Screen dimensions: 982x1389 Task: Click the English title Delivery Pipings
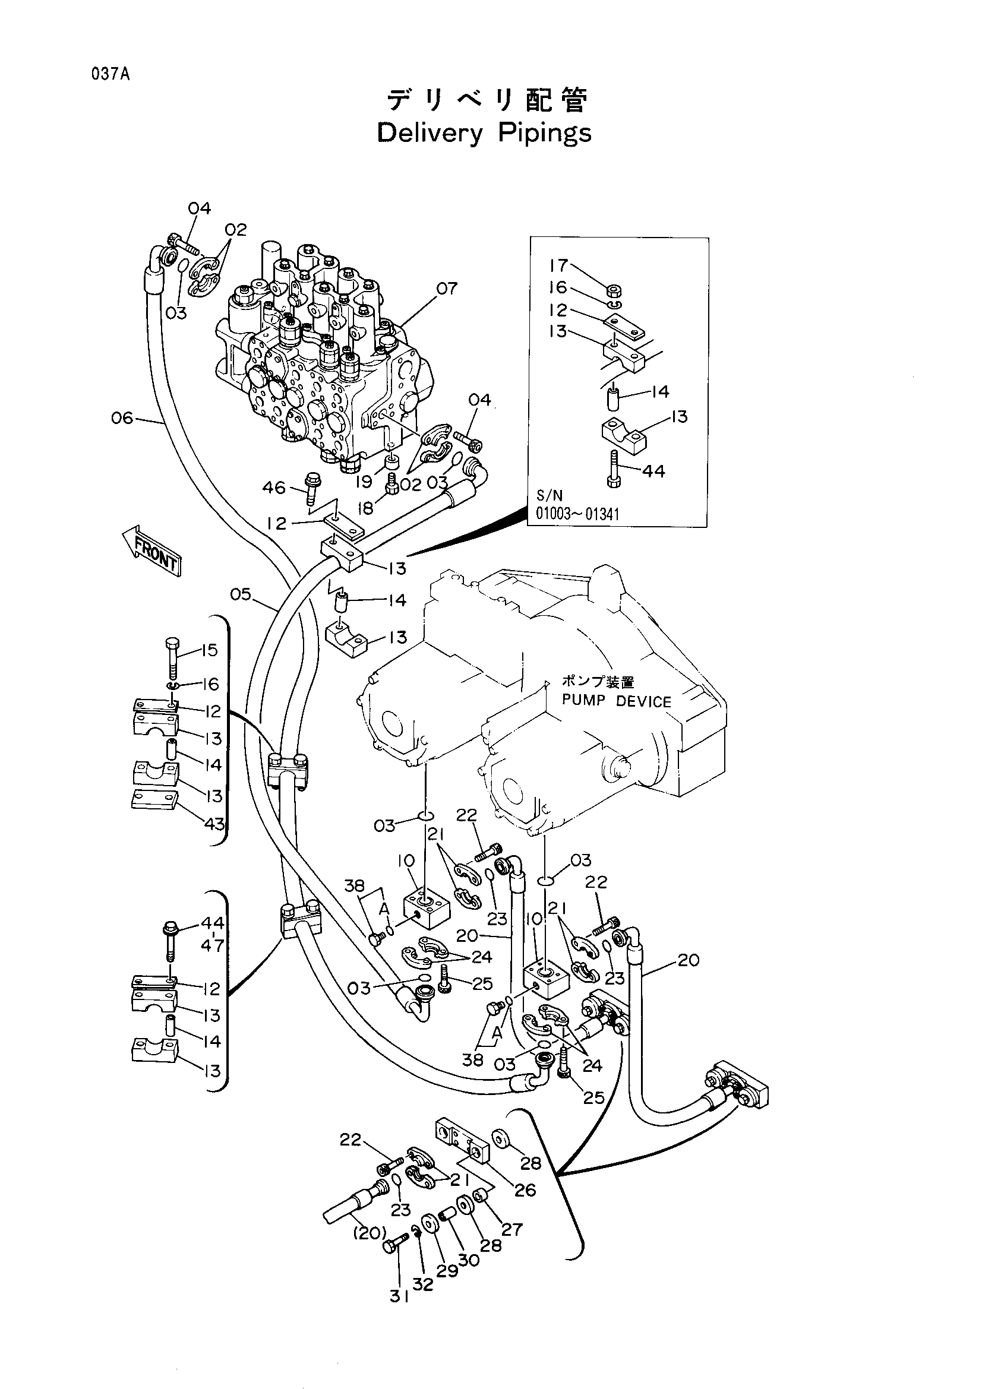484,133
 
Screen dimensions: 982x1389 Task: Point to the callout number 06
122,417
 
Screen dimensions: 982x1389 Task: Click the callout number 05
241,594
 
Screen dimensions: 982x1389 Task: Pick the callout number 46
274,487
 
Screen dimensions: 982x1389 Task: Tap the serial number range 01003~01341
578,514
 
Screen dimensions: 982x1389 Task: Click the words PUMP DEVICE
617,701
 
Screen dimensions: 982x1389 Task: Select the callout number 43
214,823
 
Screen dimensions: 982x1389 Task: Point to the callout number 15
209,650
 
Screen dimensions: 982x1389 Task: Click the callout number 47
213,945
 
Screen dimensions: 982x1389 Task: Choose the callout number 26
525,1190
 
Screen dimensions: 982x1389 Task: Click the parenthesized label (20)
369,1232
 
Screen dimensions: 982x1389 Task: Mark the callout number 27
512,1229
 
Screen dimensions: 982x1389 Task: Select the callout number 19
363,482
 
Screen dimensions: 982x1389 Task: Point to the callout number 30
468,1260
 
